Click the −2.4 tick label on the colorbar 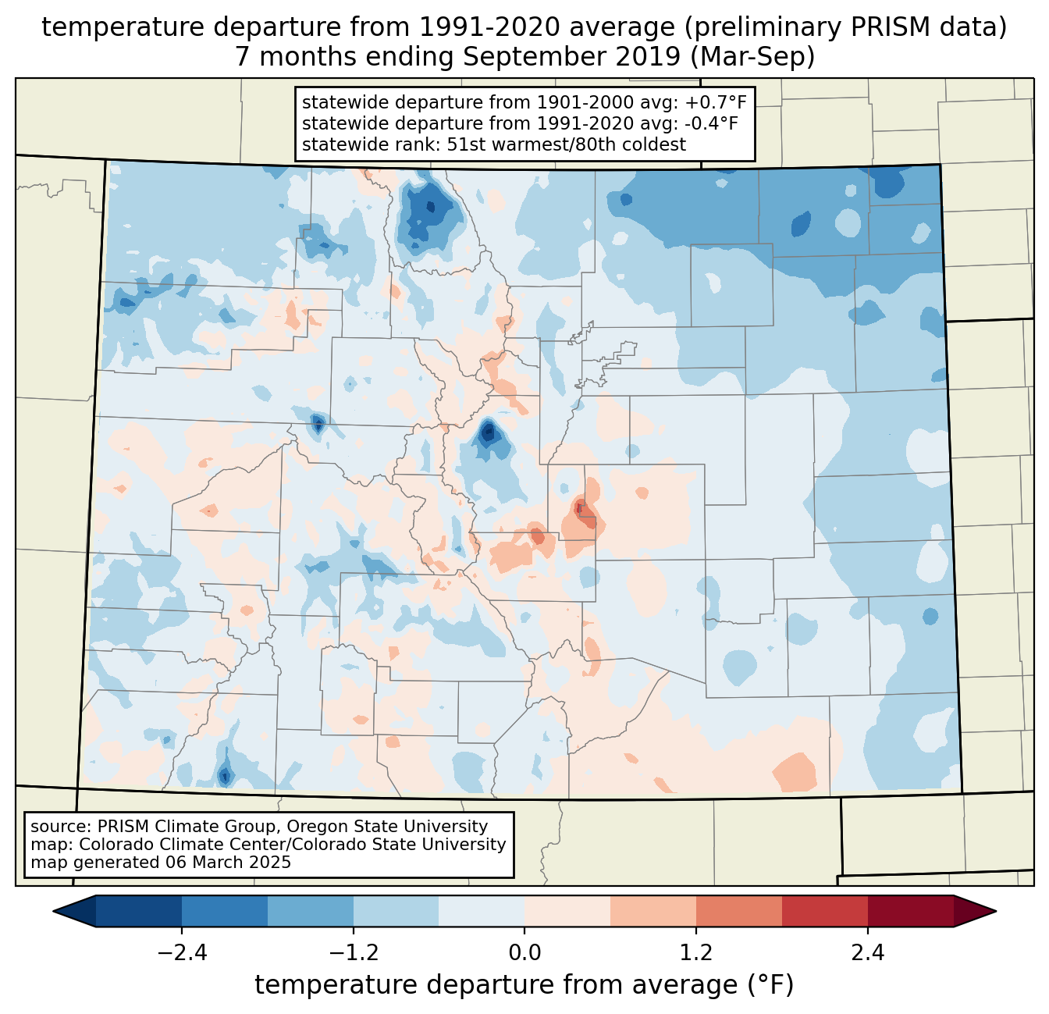pos(181,953)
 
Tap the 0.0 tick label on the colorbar pos(524,953)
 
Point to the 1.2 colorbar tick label pos(696,953)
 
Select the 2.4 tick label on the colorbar pos(868,953)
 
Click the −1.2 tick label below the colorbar pos(353,953)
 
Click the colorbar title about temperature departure pos(524,986)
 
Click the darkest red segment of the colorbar pos(910,911)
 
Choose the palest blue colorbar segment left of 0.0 pos(482,911)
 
